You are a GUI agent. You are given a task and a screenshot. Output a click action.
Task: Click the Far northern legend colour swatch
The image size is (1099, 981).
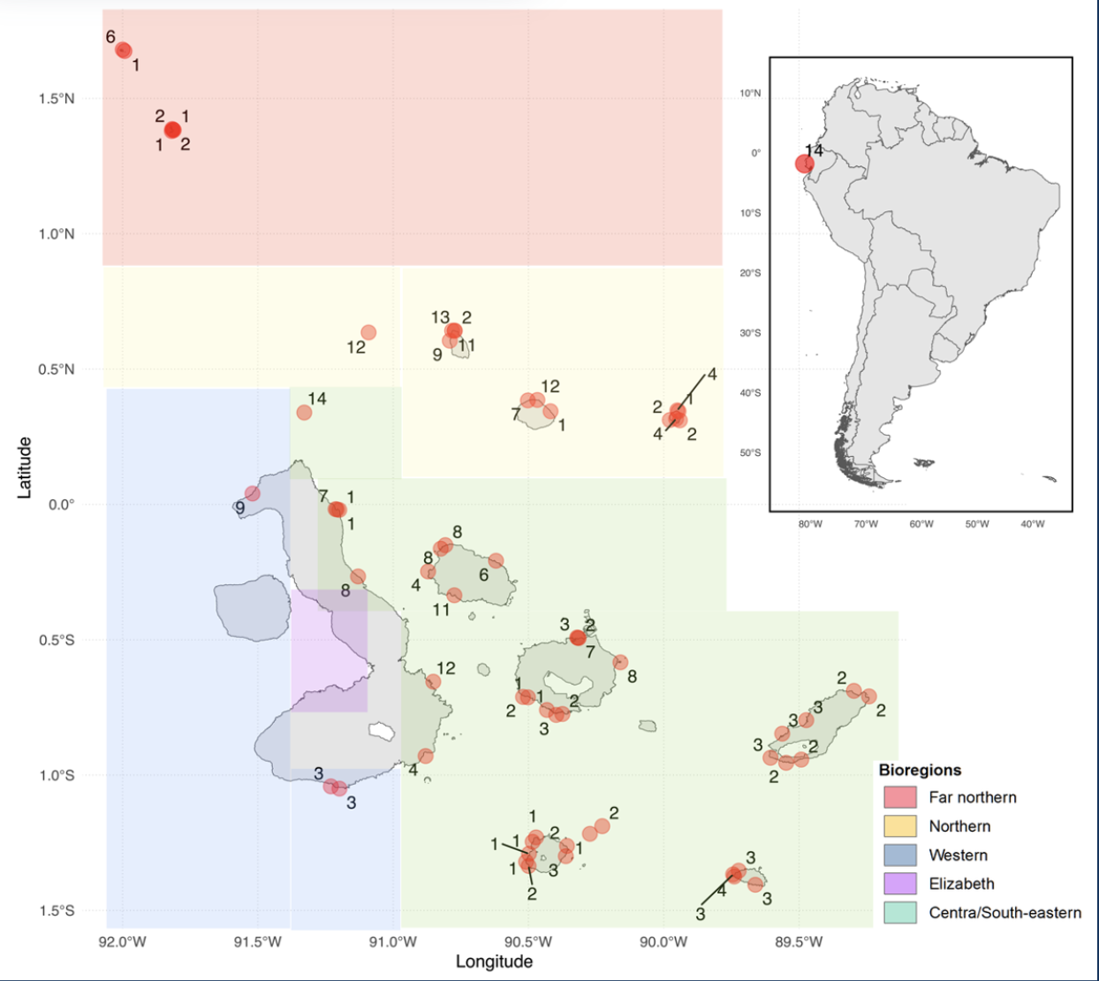(x=899, y=797)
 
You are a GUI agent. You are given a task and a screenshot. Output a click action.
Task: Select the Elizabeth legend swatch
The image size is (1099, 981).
(x=899, y=884)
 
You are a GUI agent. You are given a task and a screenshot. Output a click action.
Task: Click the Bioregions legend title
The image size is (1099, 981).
(x=920, y=770)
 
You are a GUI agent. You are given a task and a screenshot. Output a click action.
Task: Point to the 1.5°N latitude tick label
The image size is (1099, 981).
(x=57, y=99)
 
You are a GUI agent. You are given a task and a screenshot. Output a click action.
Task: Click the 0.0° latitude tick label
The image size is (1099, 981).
(x=62, y=505)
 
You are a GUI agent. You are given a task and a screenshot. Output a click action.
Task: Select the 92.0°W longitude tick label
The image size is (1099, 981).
(x=122, y=942)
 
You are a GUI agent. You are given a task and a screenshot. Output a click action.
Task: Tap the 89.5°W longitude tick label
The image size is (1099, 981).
(x=799, y=942)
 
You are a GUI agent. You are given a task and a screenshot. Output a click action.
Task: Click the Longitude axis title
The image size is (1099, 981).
(x=494, y=962)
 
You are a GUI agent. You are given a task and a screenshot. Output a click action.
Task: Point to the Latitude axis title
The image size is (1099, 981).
(x=25, y=468)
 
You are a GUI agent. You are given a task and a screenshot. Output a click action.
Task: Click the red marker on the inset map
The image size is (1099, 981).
(x=804, y=163)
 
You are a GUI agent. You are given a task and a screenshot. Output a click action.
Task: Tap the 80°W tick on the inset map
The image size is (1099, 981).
(x=810, y=524)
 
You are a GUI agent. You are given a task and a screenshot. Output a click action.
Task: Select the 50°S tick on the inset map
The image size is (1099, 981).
(x=750, y=453)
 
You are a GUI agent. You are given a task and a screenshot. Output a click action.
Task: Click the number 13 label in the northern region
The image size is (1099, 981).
(x=441, y=317)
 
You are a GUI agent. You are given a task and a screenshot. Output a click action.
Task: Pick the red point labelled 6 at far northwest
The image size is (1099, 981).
(x=124, y=50)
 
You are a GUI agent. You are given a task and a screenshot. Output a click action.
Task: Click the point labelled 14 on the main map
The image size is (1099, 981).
(x=304, y=413)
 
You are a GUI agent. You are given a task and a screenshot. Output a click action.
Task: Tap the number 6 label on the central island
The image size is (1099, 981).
(x=483, y=575)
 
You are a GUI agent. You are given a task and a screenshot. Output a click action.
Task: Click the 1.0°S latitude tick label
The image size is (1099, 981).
(x=57, y=776)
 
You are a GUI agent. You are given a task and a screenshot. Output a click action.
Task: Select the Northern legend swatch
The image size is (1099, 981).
(x=899, y=826)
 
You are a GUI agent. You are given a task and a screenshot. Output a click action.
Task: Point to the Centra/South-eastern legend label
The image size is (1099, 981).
(x=1004, y=913)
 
